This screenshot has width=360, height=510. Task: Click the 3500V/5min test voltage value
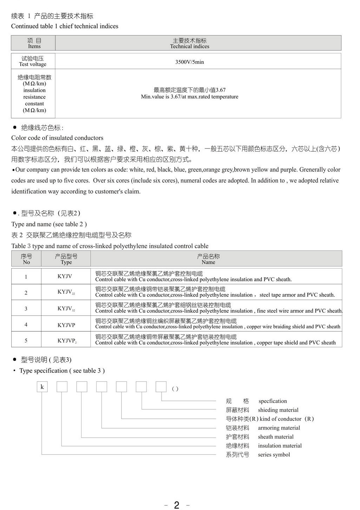189,62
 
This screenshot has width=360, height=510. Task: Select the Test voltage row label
33,61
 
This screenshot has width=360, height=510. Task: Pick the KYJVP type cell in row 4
66,325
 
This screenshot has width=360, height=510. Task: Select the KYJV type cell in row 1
65,277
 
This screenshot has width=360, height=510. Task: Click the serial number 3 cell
26,309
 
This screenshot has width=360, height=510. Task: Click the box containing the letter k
42,387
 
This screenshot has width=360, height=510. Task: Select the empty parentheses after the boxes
175,389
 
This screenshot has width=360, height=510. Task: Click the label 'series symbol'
274,455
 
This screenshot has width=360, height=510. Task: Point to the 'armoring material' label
279,428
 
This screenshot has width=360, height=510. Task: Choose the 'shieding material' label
278,410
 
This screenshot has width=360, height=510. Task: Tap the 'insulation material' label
280,446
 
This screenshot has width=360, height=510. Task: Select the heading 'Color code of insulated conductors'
57,138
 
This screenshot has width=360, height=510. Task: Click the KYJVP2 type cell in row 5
67,341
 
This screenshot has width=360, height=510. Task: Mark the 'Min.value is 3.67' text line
190,97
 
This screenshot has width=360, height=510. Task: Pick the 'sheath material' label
276,437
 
